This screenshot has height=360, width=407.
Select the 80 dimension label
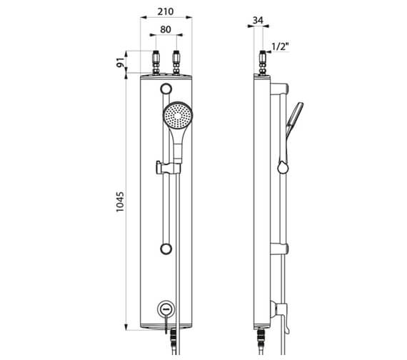[x=165, y=31]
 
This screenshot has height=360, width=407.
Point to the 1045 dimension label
[x=121, y=198]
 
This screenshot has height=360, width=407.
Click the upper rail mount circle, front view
[x=166, y=88]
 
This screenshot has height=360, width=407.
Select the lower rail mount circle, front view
[x=166, y=248]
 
